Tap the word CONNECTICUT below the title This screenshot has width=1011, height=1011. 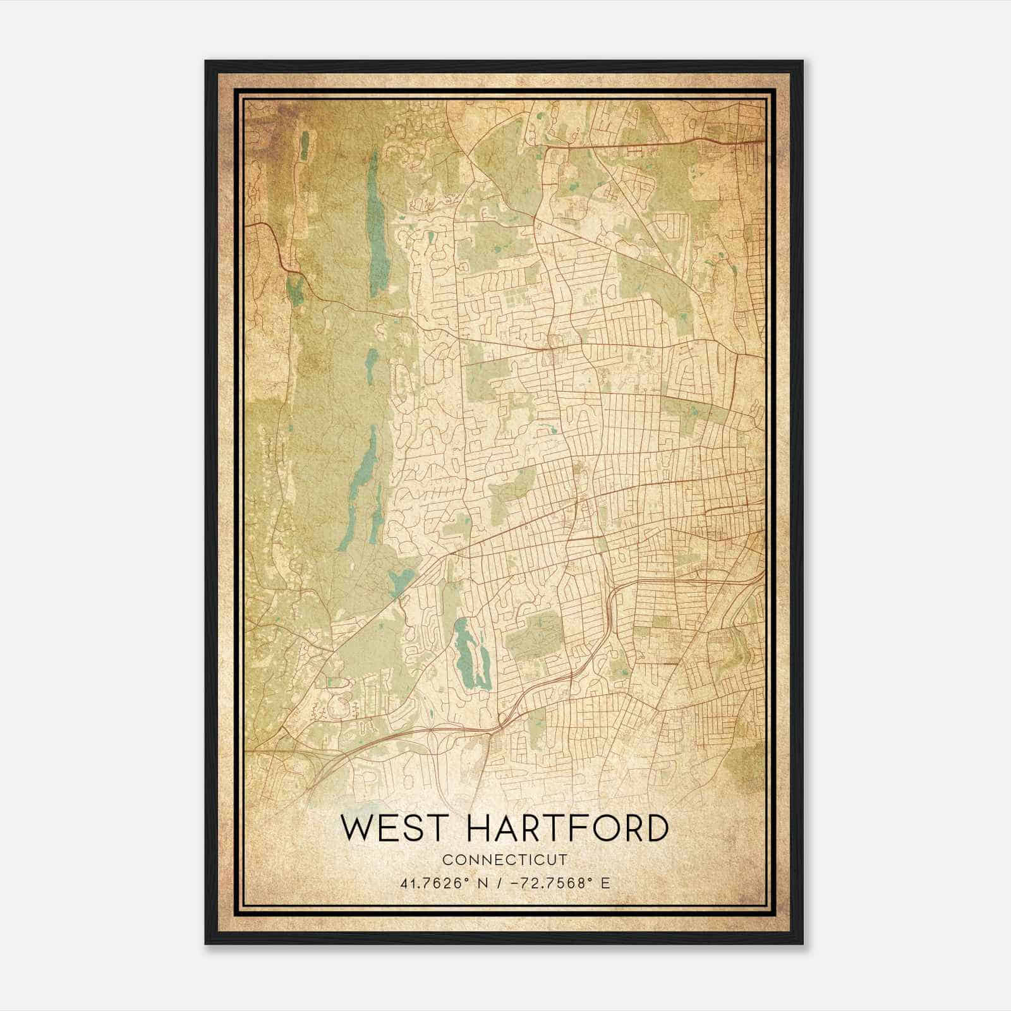[x=504, y=860]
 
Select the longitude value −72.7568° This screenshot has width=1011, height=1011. [x=550, y=883]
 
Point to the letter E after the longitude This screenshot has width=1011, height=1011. [x=605, y=883]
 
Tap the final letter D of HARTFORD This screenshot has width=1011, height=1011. [x=655, y=828]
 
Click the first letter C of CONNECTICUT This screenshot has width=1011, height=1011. [x=447, y=860]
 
